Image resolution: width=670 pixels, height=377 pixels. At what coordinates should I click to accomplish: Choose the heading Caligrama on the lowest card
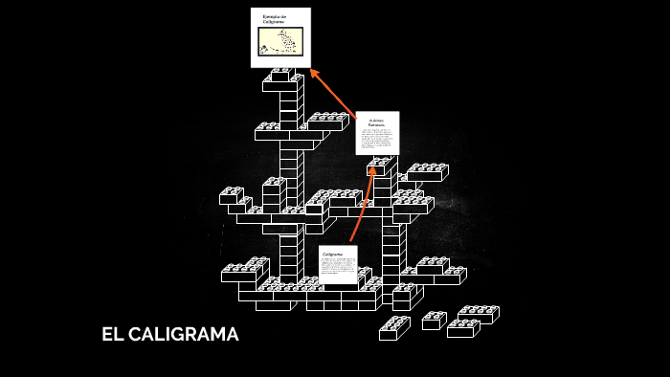pyautogui.click(x=332, y=254)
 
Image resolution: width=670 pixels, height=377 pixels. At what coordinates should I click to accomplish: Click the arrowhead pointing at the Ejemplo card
pyautogui.click(x=314, y=73)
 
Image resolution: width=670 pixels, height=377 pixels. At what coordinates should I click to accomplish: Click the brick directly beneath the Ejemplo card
pyautogui.click(x=283, y=78)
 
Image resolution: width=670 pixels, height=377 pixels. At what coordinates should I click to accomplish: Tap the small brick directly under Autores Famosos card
pyautogui.click(x=381, y=166)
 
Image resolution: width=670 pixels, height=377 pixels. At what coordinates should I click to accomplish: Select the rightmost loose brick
pyautogui.click(x=479, y=314)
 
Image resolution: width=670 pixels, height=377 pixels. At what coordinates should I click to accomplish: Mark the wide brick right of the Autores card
pyautogui.click(x=425, y=172)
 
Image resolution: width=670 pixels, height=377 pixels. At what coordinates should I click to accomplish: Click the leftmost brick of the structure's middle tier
pyautogui.click(x=232, y=195)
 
